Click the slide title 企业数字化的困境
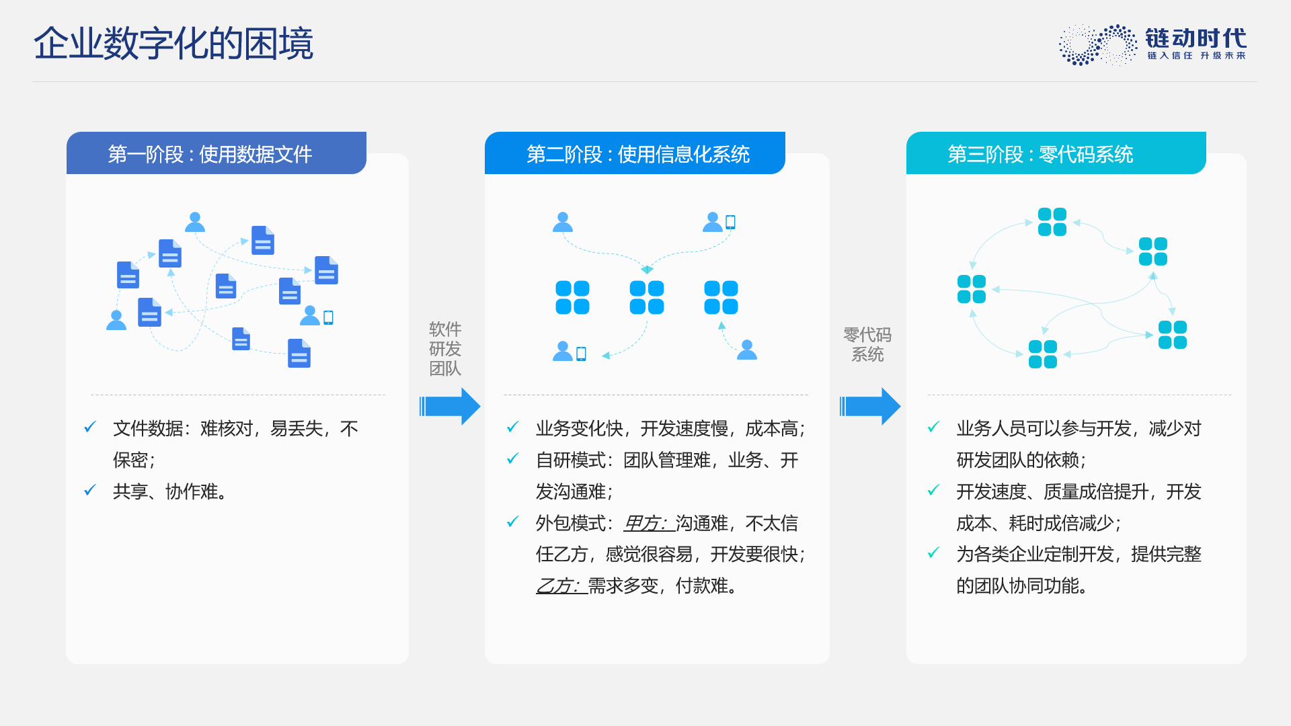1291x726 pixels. click(173, 44)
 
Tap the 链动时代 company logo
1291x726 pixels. click(1152, 45)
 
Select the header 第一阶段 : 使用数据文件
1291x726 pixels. click(210, 155)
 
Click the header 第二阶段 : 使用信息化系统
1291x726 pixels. click(637, 155)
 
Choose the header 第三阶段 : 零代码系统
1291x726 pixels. click(1040, 155)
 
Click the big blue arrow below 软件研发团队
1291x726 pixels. click(450, 406)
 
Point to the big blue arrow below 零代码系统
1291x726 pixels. click(870, 406)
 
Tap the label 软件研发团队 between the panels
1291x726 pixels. click(445, 349)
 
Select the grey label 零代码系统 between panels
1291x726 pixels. click(867, 344)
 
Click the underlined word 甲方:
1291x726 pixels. click(647, 523)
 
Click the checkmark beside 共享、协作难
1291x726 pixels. click(90, 490)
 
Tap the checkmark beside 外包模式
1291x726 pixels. click(513, 522)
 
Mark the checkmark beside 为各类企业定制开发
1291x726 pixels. click(934, 553)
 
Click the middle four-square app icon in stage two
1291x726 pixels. click(647, 298)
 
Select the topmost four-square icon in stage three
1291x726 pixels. click(1052, 222)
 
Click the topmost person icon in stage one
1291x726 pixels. click(195, 222)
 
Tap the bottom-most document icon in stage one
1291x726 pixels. click(299, 354)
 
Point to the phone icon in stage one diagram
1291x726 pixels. click(328, 317)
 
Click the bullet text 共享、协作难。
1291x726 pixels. click(171, 491)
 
